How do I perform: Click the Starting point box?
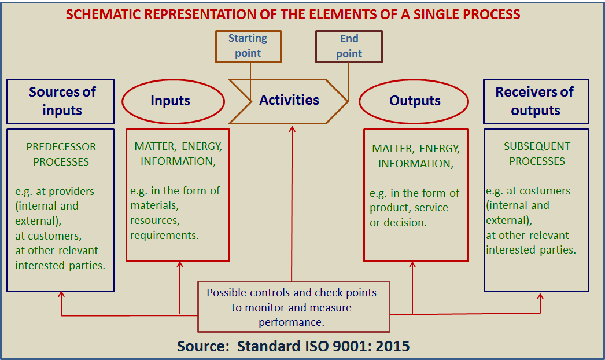tap(248, 46)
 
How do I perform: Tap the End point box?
tap(349, 46)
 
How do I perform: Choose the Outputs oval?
tap(414, 101)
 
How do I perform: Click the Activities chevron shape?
tap(289, 100)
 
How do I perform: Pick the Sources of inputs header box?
tap(61, 101)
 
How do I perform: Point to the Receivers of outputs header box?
tap(536, 101)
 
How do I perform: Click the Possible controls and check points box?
tap(293, 307)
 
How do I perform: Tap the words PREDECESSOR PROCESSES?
tap(61, 155)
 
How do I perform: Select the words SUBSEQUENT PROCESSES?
tap(537, 154)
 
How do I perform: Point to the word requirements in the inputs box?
tap(164, 235)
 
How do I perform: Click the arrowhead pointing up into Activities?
tap(292, 129)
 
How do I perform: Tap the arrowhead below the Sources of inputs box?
tap(61, 295)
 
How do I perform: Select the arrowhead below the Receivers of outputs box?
tap(541, 296)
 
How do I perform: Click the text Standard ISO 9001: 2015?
tap(323, 347)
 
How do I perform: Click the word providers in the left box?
tap(71, 192)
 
